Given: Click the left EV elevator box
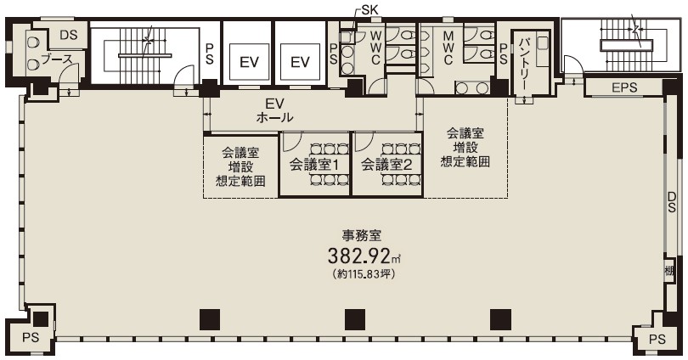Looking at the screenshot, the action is tap(249, 61).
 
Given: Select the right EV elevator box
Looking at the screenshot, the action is tap(300, 61).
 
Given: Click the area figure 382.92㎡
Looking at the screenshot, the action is tap(364, 256).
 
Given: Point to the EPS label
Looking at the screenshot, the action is tap(624, 87).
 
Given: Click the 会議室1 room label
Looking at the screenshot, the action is tap(313, 165).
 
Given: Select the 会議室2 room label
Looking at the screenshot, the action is tap(386, 165).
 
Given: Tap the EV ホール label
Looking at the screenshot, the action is tap(274, 110).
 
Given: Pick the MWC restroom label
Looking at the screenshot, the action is tap(448, 48).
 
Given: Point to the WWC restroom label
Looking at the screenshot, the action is tap(375, 48).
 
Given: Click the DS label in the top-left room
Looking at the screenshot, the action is tap(69, 35).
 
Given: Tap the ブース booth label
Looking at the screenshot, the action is tap(56, 59).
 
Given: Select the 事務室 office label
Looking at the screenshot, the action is tap(362, 236).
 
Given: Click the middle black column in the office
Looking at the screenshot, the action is tap(355, 319).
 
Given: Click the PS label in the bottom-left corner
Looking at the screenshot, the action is tap(31, 338).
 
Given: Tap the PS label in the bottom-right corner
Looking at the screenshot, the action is tap(657, 339).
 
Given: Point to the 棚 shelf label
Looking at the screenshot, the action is tap(669, 271).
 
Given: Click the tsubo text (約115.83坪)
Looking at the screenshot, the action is tap(364, 274).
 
